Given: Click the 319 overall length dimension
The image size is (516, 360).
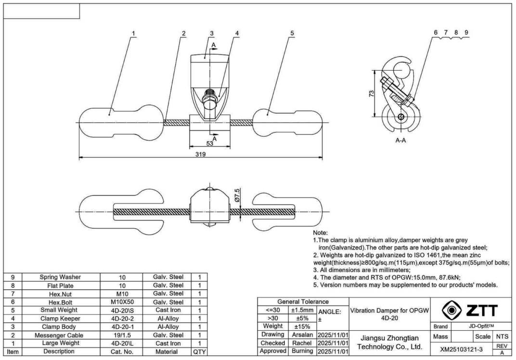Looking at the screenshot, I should (201, 154).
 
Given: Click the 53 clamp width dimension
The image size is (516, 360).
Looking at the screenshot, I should (210, 143).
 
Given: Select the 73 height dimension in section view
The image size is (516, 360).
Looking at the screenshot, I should (371, 93).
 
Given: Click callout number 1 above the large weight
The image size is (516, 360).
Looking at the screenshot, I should (133, 34).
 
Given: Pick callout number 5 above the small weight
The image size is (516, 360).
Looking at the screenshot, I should (292, 34).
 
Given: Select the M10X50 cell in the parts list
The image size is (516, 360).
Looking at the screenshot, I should (122, 302).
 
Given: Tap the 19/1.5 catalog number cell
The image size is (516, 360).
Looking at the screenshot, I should (122, 335).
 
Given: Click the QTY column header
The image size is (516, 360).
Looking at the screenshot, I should (199, 352).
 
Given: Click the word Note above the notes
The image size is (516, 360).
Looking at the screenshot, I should (320, 232).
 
